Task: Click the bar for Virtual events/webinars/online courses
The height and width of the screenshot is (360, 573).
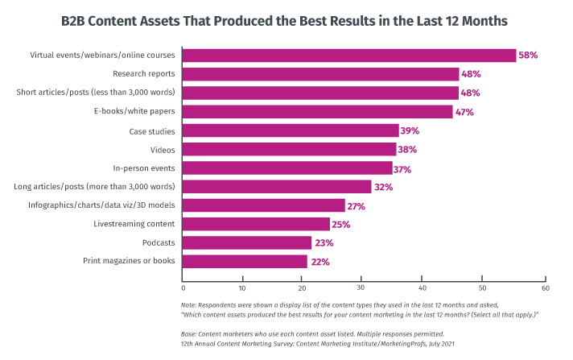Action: point(348,56)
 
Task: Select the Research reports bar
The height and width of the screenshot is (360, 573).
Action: point(320,74)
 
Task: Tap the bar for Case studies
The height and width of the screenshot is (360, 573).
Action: point(291,130)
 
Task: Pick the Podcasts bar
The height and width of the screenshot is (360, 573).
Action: point(246,242)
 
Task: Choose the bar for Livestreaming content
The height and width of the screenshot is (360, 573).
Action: point(256,224)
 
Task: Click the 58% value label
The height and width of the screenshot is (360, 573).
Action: point(527,56)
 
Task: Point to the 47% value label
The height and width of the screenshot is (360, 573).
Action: point(464,112)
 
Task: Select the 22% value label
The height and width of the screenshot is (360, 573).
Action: point(319,262)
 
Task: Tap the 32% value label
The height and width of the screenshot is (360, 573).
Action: point(382,187)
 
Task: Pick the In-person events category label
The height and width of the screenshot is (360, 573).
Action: point(145,168)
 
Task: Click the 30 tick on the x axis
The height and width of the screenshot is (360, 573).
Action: point(362,288)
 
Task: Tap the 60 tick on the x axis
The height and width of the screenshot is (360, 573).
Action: point(545,288)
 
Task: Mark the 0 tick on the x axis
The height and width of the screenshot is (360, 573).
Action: point(183,288)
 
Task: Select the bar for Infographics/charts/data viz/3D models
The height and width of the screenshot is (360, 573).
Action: point(263,205)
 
